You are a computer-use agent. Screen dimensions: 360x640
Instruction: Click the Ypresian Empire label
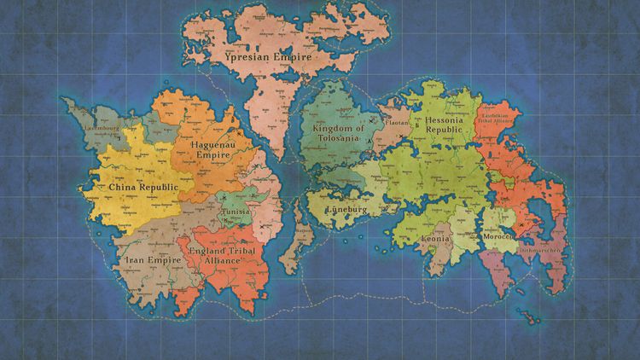point(268,57)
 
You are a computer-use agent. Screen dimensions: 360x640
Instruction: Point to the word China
point(125,186)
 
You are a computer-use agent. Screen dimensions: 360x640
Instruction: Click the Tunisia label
point(235,212)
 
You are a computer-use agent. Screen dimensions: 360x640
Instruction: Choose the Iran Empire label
point(154,259)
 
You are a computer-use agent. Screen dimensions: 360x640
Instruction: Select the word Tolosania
point(335,139)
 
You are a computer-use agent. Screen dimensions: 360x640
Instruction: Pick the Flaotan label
point(398,123)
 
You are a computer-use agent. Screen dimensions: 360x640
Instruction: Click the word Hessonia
point(448,121)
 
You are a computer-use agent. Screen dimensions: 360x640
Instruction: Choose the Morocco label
point(498,235)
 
